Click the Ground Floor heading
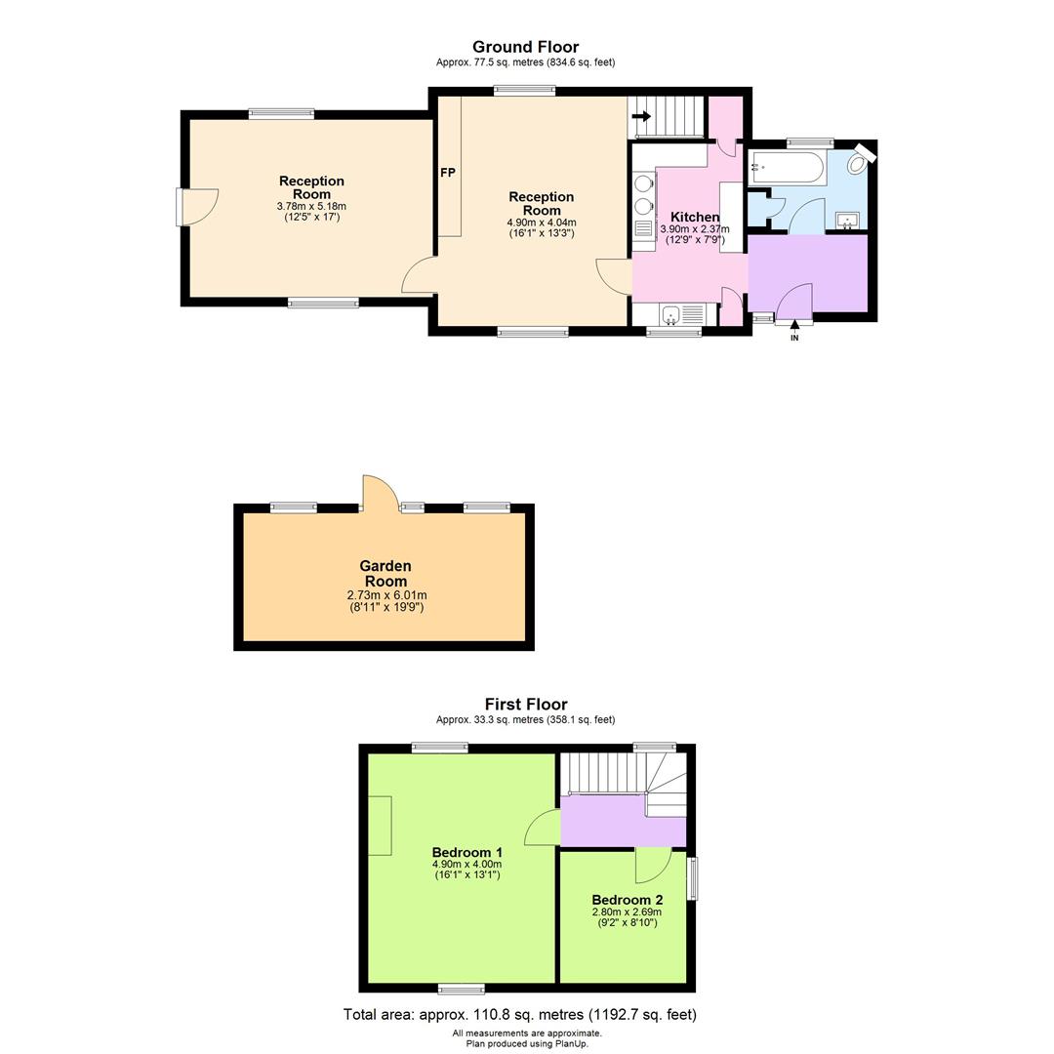(525, 47)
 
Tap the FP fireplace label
(448, 173)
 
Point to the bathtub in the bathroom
(787, 168)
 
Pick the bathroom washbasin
(847, 221)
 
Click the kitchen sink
(670, 314)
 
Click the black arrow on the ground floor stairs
(641, 116)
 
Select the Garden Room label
(385, 574)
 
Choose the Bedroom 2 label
(627, 900)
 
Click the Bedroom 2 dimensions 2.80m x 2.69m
(627, 912)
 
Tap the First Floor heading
(525, 704)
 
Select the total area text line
(519, 1015)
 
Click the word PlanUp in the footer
(569, 1043)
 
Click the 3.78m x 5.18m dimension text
(311, 206)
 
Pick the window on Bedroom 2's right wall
(692, 878)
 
